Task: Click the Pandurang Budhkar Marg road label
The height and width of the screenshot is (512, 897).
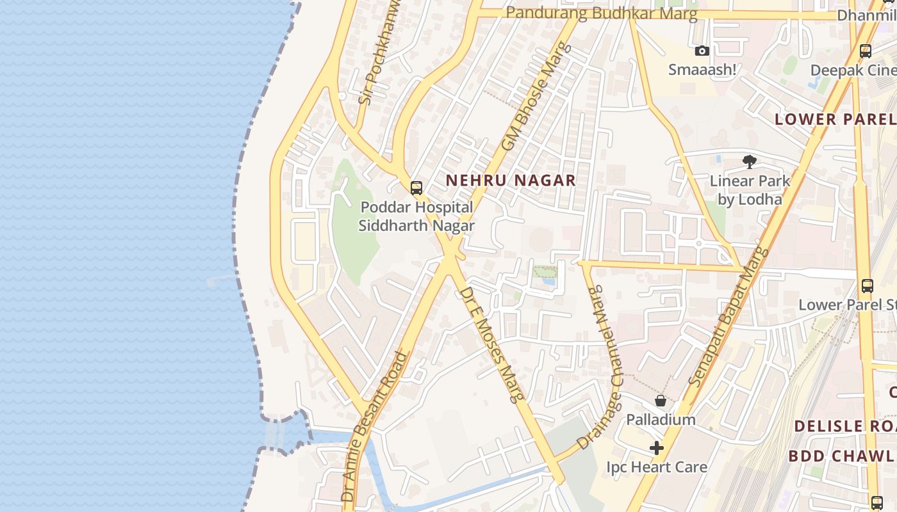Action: coord(601,13)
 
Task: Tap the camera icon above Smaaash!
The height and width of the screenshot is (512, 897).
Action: coord(702,51)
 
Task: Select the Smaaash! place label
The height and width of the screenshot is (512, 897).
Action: coord(702,69)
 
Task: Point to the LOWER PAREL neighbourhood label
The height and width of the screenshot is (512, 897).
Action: coord(835,119)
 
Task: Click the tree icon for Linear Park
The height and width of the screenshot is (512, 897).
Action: coord(750,162)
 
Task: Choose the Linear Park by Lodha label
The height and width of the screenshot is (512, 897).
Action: coord(750,190)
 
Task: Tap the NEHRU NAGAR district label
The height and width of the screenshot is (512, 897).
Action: coord(511,180)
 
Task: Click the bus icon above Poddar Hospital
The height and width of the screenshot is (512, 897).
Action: coord(416,188)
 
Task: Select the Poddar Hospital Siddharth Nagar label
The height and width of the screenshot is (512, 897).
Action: coord(416,216)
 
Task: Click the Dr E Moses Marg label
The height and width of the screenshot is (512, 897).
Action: coord(491,344)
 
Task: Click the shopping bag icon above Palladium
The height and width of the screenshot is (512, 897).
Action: coord(661,401)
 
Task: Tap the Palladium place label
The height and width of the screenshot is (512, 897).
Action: coord(661,420)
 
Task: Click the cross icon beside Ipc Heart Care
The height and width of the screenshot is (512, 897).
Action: coord(657,448)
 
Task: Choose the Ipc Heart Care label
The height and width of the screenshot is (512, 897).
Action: coord(657,467)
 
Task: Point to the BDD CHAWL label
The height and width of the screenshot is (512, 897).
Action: coord(841,456)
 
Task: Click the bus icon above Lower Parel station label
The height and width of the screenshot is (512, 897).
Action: coord(867,286)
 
